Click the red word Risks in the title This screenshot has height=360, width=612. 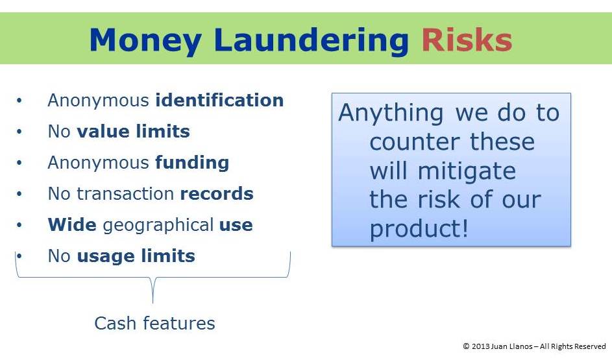467,40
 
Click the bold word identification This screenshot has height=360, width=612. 219,101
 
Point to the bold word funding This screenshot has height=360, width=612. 192,163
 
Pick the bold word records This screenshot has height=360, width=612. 217,194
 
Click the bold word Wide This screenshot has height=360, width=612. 72,224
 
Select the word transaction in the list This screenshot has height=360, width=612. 125,194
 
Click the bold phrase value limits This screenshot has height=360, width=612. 133,132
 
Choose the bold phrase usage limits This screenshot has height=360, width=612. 136,257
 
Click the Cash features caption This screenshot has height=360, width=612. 154,323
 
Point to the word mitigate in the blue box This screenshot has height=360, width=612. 467,172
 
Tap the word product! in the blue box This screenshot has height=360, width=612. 419,229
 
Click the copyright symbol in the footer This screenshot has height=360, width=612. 466,346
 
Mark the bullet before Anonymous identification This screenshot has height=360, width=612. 19,101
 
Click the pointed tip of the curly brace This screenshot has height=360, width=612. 153,303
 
